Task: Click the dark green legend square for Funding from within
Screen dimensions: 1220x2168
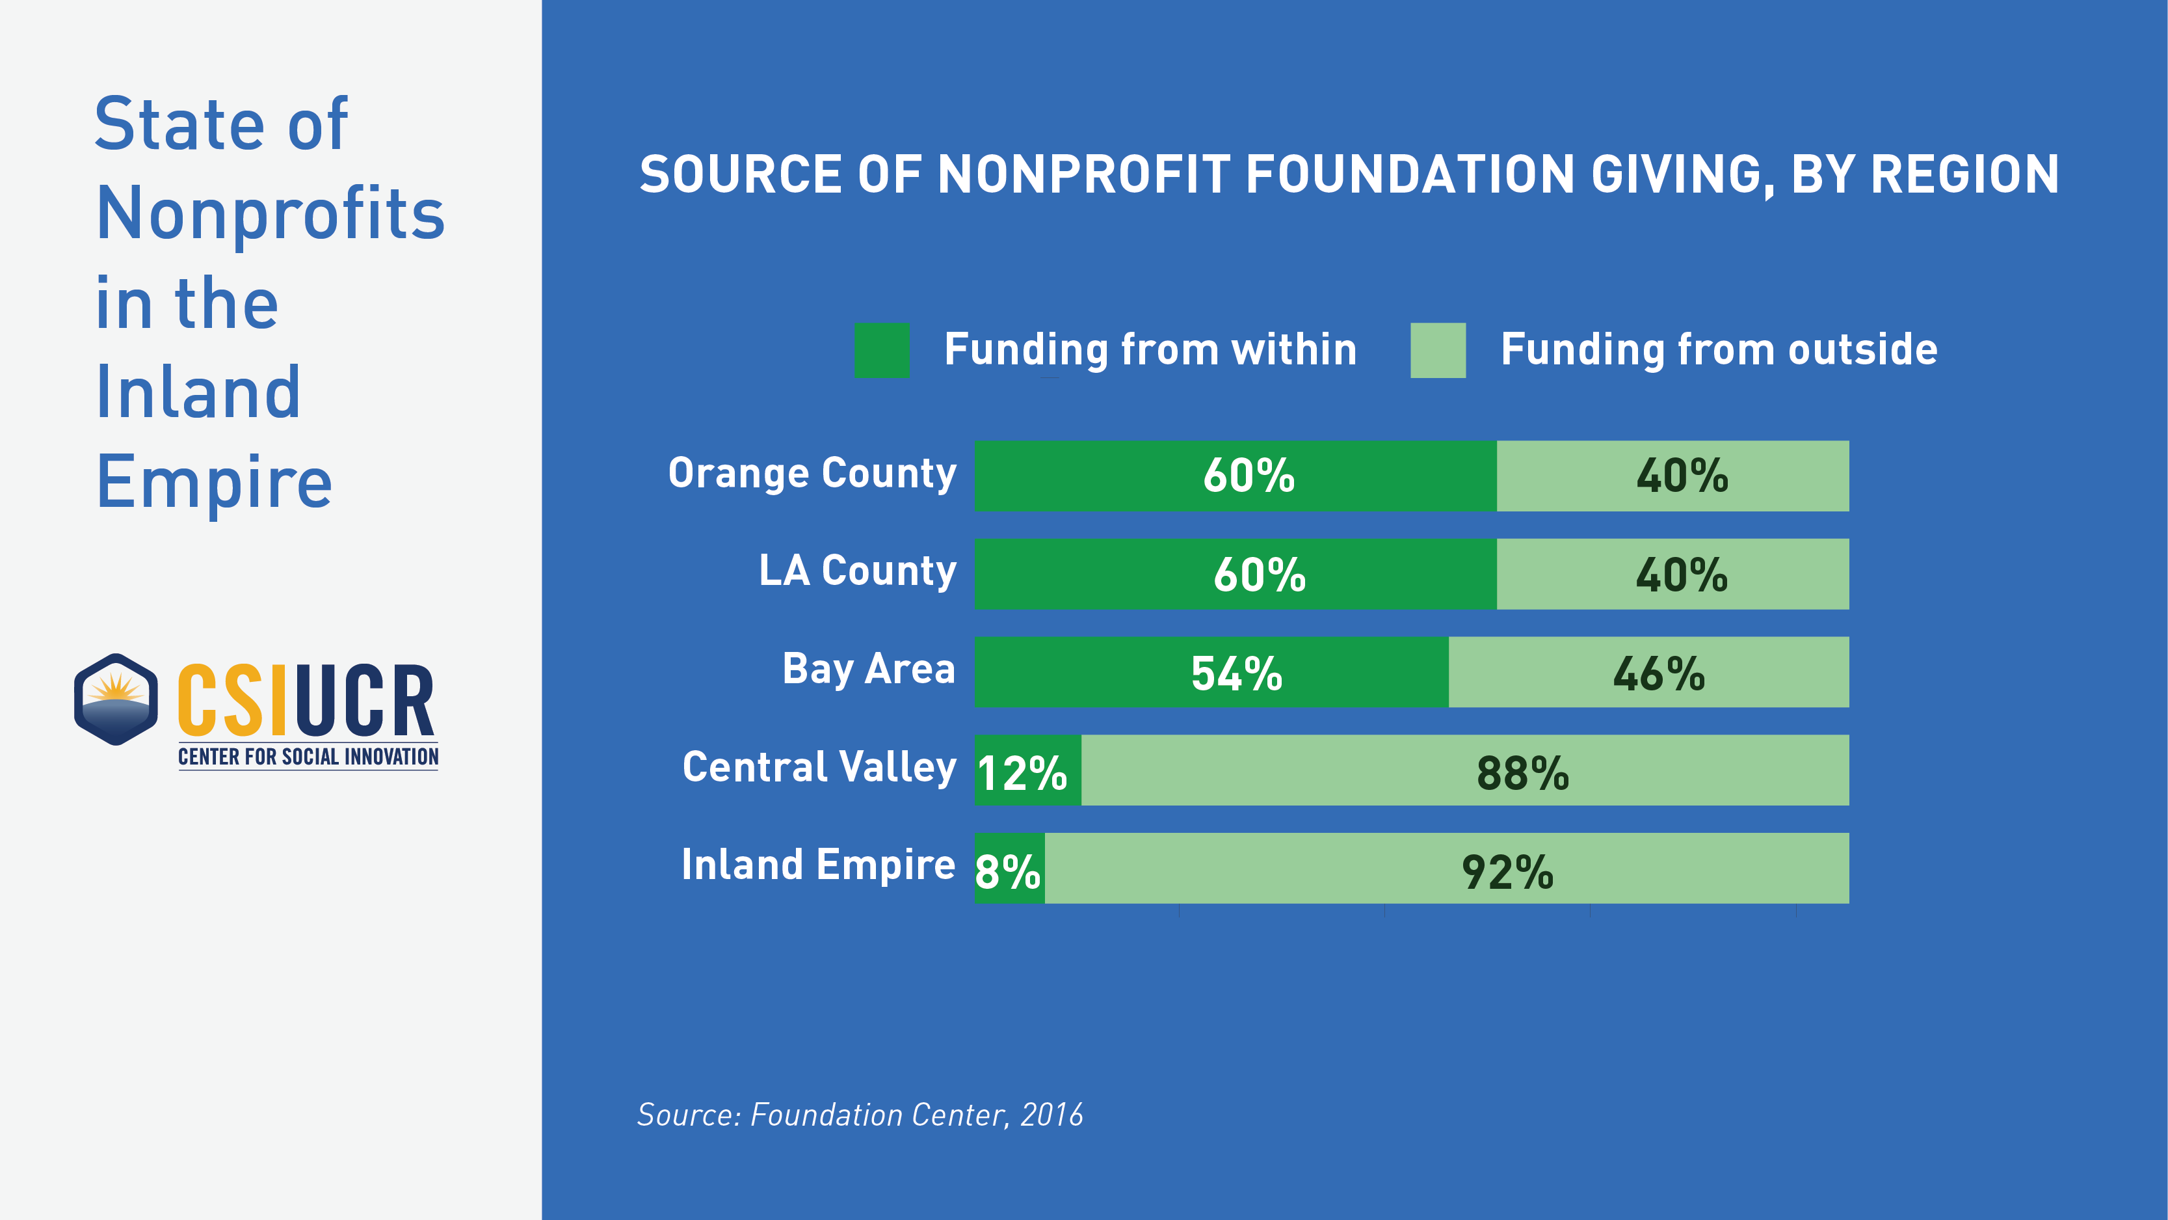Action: point(881,350)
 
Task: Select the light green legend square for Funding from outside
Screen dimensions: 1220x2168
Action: point(1438,350)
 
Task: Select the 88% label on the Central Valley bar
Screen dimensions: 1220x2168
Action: point(1522,772)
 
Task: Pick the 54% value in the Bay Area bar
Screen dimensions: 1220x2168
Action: point(1236,673)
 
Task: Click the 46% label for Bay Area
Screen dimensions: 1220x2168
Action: point(1658,673)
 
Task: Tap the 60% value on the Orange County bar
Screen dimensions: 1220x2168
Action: point(1248,476)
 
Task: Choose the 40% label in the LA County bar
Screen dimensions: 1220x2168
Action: point(1682,575)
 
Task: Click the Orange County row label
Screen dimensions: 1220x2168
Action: point(812,473)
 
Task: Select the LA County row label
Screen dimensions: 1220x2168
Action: point(858,571)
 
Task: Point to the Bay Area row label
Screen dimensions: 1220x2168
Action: point(869,670)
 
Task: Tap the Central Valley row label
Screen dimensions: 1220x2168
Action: point(819,767)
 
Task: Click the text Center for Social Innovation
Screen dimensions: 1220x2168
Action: point(308,757)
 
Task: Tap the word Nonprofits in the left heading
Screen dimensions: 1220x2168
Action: point(270,214)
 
